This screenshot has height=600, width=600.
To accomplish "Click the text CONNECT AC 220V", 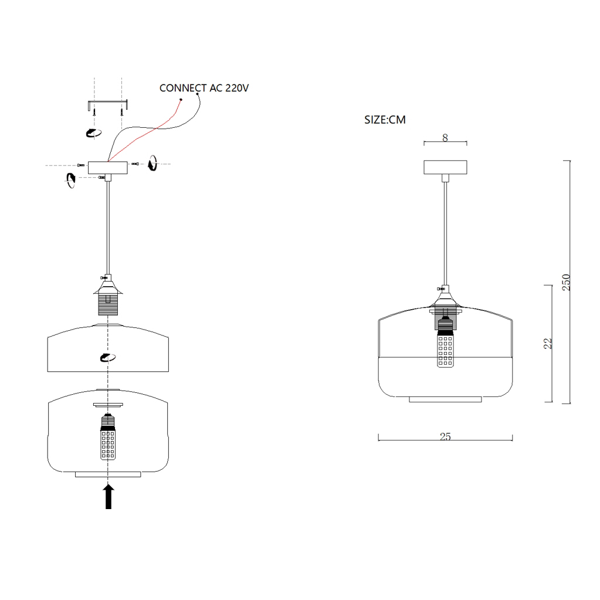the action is tap(204, 88).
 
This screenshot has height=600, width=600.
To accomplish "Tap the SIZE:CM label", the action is tap(385, 120).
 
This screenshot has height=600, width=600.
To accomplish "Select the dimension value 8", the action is tap(445, 138).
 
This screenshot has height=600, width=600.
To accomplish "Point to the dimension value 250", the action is tap(567, 282).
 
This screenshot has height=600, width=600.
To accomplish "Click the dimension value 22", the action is tap(548, 343).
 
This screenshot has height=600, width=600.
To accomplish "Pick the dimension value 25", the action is tap(445, 436).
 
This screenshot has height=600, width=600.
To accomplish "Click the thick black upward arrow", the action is tap(109, 497).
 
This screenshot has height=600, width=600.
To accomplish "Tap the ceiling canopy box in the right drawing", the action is tap(445, 167).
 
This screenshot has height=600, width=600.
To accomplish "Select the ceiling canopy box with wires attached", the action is tap(107, 168).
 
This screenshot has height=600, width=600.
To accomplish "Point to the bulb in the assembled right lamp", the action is tap(445, 343).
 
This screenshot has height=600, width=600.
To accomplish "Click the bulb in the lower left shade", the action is tap(108, 437).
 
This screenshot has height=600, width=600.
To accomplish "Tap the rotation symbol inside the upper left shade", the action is tap(107, 357).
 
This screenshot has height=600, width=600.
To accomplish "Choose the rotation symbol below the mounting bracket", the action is tap(93, 133).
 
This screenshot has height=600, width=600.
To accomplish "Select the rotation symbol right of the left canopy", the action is tap(152, 163).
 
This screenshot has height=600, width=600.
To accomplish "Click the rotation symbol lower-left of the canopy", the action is tap(71, 180).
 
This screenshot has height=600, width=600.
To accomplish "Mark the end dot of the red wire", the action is tap(181, 100).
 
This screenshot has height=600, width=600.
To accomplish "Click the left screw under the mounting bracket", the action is tap(94, 111).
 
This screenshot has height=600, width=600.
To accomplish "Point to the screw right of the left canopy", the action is tap(135, 164).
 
